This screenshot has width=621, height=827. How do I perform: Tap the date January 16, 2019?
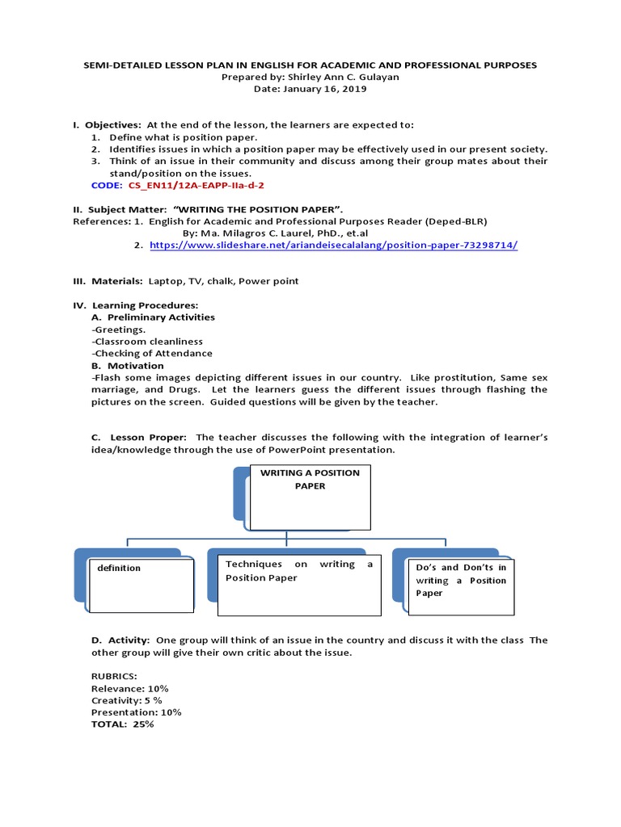coord(310,89)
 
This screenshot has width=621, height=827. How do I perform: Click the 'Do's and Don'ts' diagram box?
coord(461,581)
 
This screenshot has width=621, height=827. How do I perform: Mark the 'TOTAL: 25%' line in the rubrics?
coord(122,724)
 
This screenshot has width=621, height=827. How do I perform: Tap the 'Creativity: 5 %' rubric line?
coord(126,700)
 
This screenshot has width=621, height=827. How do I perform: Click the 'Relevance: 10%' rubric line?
coord(129,688)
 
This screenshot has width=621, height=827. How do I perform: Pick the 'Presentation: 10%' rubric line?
coord(136,712)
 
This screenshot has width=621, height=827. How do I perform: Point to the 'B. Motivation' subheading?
coord(129,365)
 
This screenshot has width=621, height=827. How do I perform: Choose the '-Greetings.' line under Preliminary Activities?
coord(119,330)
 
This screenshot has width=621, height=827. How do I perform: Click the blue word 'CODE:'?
coord(107,185)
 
